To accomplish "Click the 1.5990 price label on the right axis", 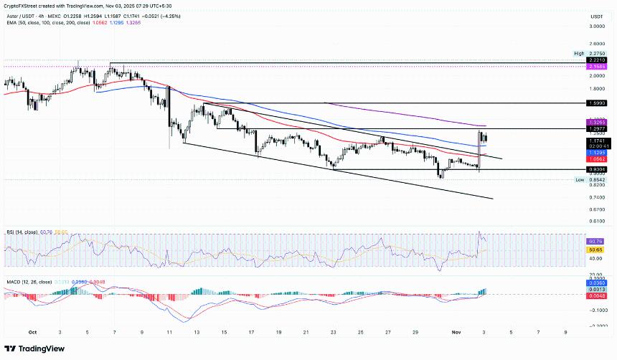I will pyautogui.click(x=596, y=103).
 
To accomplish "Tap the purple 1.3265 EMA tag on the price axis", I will pyautogui.click(x=596, y=123).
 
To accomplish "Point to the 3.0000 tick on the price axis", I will pyautogui.click(x=596, y=27).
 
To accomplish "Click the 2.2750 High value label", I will pyautogui.click(x=597, y=54).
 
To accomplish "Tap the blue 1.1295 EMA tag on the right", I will pyautogui.click(x=596, y=152).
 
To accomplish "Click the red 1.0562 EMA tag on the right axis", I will pyautogui.click(x=596, y=158).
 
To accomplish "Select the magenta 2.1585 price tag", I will pyautogui.click(x=596, y=67).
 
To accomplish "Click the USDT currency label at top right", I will pyautogui.click(x=596, y=16).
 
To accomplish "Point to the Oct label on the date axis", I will pyautogui.click(x=32, y=333).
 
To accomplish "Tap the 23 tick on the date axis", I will pyautogui.click(x=334, y=333).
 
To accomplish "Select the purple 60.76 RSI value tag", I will pyautogui.click(x=596, y=242).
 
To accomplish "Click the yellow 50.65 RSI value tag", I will pyautogui.click(x=596, y=249).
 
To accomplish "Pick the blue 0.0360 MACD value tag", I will pyautogui.click(x=596, y=283).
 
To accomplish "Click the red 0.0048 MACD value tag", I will pyautogui.click(x=596, y=295).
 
